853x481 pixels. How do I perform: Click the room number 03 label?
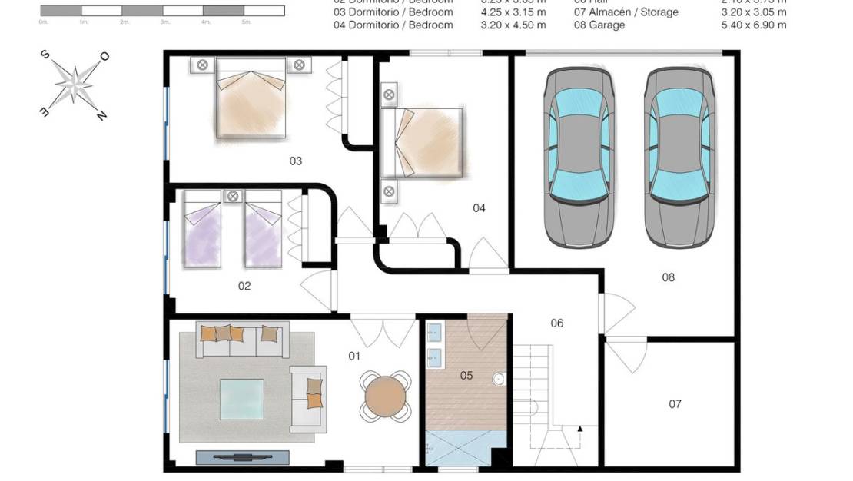pyautogui.click(x=295, y=161)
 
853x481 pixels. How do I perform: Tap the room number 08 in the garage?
pyautogui.click(x=668, y=277)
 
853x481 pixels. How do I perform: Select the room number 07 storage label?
pyautogui.click(x=675, y=404)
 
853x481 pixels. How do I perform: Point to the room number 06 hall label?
pyautogui.click(x=557, y=323)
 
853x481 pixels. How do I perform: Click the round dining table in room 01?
pyautogui.click(x=384, y=396)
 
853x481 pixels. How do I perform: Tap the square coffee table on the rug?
pyautogui.click(x=241, y=399)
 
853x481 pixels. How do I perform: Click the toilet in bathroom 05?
pyautogui.click(x=499, y=379)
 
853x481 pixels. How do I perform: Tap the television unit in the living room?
pyautogui.click(x=242, y=457)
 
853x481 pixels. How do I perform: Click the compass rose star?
pyautogui.click(x=75, y=84)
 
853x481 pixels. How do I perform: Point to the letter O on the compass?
pyautogui.click(x=105, y=56)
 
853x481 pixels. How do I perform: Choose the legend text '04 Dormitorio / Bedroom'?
pyautogui.click(x=393, y=25)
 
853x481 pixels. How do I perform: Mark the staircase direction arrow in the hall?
pyautogui.click(x=579, y=429)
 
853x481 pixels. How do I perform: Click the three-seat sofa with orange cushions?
pyautogui.click(x=241, y=339)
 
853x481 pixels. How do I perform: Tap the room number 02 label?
pyautogui.click(x=244, y=286)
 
